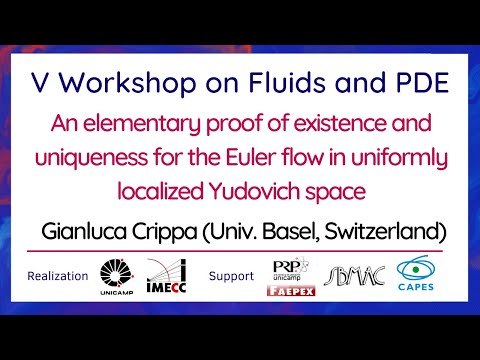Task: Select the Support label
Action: click(232, 276)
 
